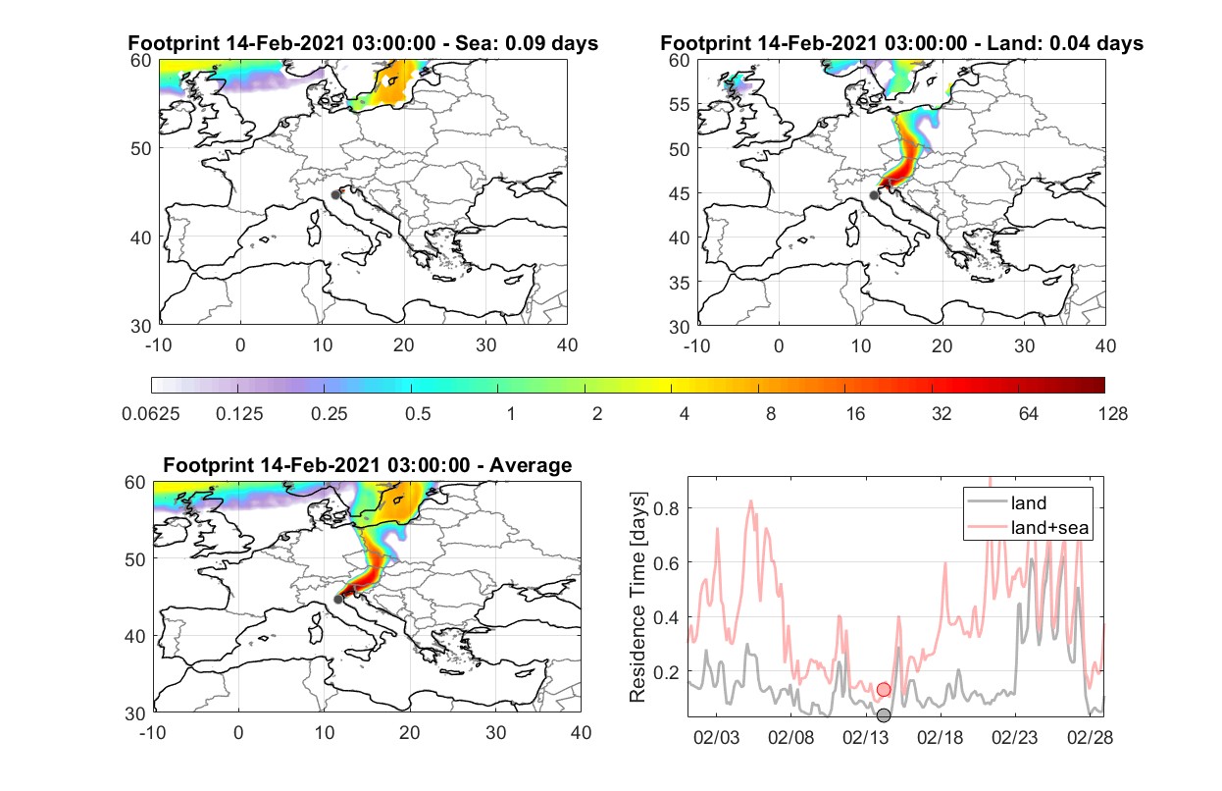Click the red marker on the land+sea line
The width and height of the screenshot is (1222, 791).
point(884,690)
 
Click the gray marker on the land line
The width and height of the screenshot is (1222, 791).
point(884,715)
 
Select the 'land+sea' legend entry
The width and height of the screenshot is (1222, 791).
point(1049,527)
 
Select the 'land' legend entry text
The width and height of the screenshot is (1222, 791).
point(1029,502)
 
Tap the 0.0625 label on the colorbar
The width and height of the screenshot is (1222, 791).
point(151,414)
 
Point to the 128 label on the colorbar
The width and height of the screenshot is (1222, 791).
point(1113,414)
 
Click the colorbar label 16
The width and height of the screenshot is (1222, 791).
point(855,414)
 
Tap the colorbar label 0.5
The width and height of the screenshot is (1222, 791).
point(418,414)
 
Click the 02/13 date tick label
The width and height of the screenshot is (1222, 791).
point(865,737)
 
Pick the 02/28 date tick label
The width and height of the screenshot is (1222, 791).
point(1090,737)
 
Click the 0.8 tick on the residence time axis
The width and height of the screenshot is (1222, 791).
point(666,508)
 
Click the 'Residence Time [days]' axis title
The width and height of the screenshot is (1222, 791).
point(637,598)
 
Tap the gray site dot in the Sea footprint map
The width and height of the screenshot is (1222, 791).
point(335,195)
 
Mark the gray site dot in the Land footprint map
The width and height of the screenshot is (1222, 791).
point(874,195)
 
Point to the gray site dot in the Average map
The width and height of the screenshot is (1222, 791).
point(338,599)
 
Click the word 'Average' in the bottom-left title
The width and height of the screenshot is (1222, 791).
point(531,465)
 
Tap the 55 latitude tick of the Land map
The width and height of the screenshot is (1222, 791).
point(680,104)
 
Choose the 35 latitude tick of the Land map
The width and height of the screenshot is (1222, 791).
point(680,283)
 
